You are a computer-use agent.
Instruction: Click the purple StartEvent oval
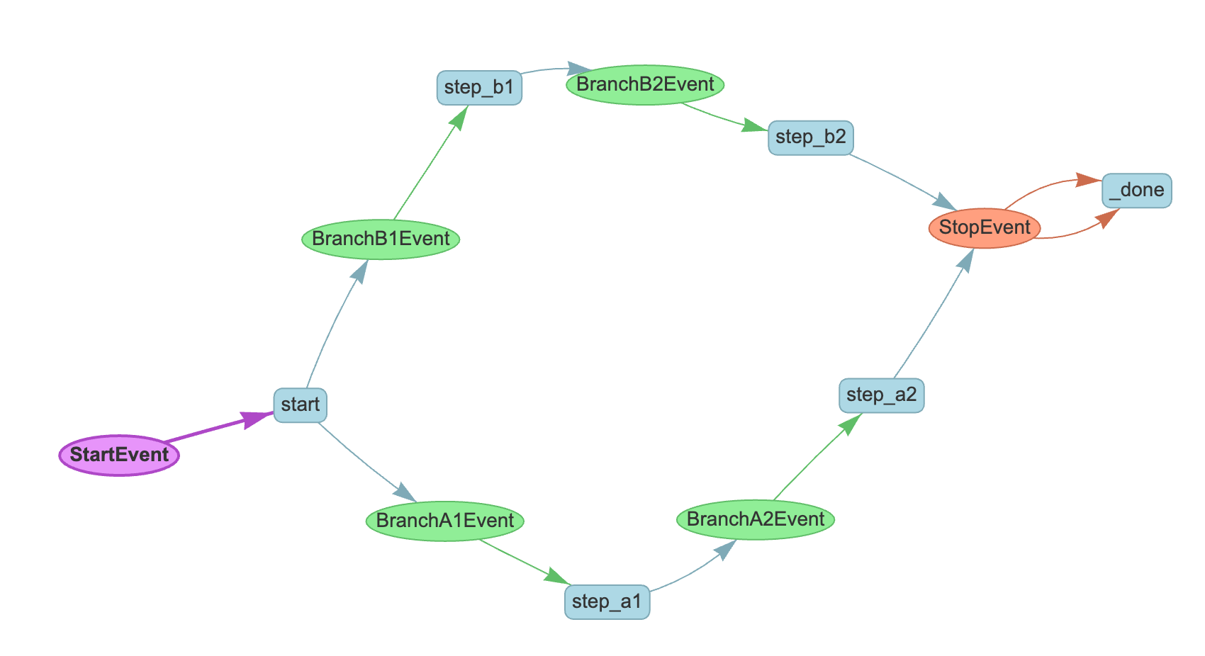119,455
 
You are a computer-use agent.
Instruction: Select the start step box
301,405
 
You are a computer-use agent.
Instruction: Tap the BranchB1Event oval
381,239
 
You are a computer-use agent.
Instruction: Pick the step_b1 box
479,88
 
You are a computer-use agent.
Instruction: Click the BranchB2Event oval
645,84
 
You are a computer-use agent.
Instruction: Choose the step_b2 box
810,137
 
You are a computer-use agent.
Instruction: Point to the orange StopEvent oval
985,228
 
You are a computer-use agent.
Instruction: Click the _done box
1137,191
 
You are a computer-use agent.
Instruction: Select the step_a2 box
881,395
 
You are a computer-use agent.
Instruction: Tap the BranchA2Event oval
756,519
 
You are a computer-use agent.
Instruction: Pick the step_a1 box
607,602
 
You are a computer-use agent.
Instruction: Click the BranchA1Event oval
445,521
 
